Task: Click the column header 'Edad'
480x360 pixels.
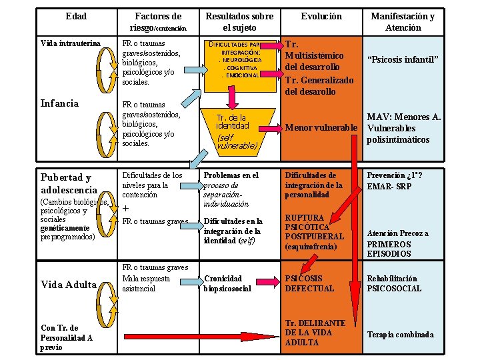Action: click(77, 16)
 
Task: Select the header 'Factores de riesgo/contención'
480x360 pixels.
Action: click(157, 22)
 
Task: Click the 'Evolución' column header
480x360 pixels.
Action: click(321, 16)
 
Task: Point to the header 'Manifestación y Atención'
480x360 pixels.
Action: click(403, 22)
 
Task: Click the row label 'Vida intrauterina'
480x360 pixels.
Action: click(71, 43)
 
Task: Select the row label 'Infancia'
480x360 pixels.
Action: click(59, 103)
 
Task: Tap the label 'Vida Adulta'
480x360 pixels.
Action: click(69, 285)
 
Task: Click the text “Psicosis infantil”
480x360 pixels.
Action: click(403, 60)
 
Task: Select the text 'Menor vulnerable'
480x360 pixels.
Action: click(323, 127)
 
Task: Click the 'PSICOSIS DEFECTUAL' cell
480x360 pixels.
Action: click(310, 283)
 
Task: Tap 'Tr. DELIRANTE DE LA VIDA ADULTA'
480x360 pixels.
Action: click(315, 333)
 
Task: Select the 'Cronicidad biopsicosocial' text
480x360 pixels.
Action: click(227, 283)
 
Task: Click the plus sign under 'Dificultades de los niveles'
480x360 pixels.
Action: click(126, 208)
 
